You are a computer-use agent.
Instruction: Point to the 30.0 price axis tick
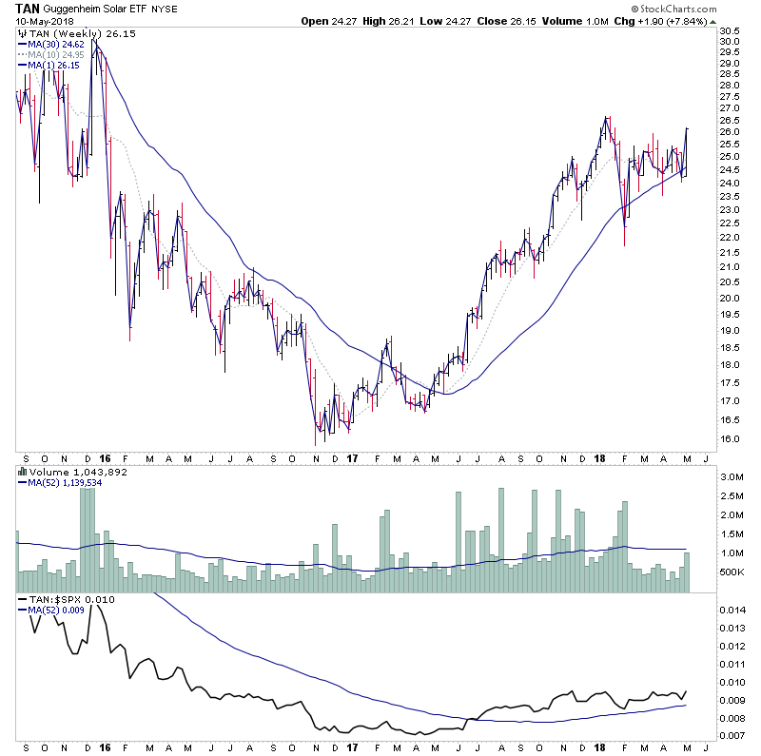tap(730, 42)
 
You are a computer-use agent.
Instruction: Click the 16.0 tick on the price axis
tap(730, 438)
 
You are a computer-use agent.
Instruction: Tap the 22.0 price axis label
tap(730, 237)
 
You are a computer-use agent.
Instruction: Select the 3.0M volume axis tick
tap(732, 475)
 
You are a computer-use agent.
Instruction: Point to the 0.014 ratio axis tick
tap(732, 610)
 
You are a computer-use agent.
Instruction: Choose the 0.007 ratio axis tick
tap(732, 736)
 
